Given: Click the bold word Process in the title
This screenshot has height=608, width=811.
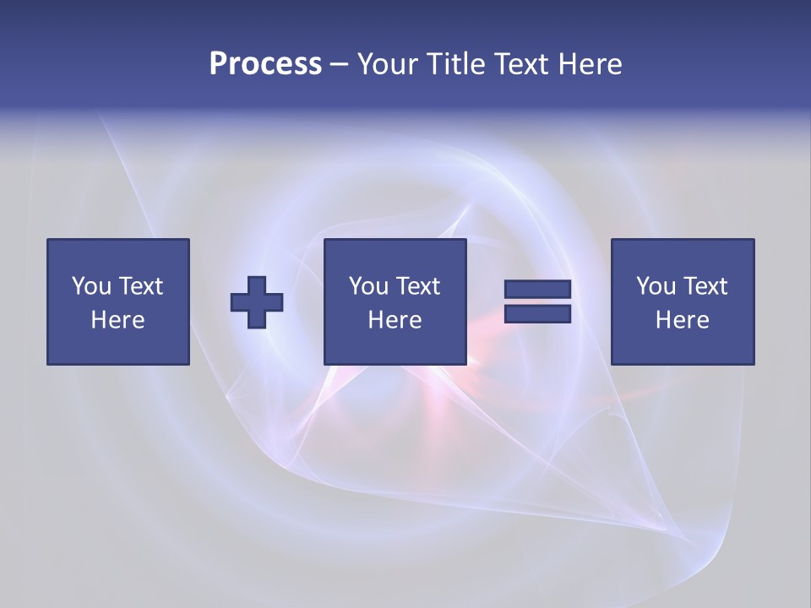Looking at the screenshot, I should [x=265, y=64].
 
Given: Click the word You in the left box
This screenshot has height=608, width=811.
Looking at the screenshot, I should [x=91, y=286].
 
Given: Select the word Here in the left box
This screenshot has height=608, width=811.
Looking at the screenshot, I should [x=117, y=320].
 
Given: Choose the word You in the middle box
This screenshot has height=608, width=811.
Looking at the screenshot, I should [x=368, y=286].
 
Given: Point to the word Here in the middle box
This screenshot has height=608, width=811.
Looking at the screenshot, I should [x=395, y=320].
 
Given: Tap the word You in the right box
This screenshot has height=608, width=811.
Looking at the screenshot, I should [x=656, y=286].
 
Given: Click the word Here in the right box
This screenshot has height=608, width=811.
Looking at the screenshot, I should [x=682, y=320].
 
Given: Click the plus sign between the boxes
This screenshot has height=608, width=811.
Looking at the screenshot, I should [x=257, y=301].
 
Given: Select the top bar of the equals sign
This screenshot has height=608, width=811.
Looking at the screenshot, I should [x=537, y=289].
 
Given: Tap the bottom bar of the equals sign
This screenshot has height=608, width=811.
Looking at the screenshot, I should [x=537, y=314].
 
